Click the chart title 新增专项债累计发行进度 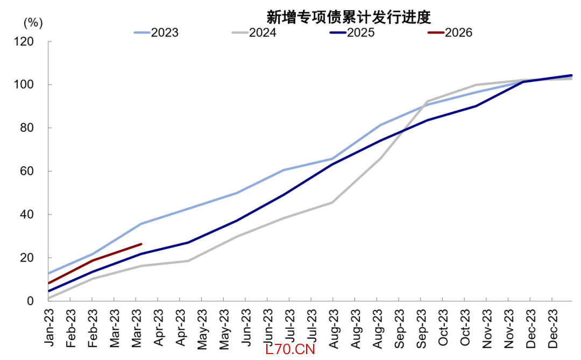coord(349,17)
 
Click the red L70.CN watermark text coord(289,349)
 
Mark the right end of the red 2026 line coord(141,244)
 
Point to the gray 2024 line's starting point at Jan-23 coord(49,298)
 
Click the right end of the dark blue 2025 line coord(571,75)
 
